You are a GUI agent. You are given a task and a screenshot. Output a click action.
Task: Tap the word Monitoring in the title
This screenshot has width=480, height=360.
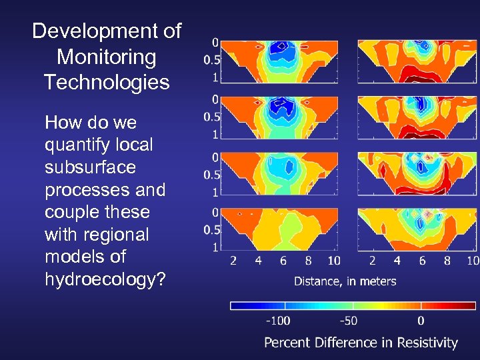click(107, 57)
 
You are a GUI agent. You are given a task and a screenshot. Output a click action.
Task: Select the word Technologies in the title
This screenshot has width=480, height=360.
click(107, 82)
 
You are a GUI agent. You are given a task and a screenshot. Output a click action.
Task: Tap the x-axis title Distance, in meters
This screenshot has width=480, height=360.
click(345, 281)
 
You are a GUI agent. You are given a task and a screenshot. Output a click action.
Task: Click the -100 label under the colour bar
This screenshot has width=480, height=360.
click(278, 321)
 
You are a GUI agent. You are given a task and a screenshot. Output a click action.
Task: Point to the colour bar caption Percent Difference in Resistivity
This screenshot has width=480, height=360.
click(361, 343)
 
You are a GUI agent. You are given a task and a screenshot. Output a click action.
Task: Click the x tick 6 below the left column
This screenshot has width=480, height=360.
click(283, 261)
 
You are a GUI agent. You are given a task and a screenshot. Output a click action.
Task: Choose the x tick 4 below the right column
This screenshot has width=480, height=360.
click(397, 261)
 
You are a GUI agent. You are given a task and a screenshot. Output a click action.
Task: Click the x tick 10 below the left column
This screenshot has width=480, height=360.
click(333, 261)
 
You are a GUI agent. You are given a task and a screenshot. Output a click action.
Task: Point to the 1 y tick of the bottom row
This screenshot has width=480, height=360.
click(215, 247)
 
